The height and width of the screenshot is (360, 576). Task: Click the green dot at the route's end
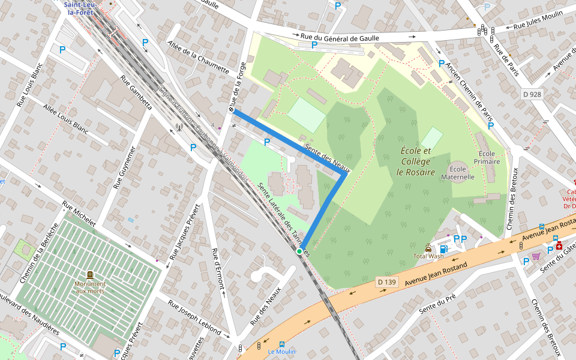(299, 251)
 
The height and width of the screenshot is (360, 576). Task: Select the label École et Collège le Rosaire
(415, 161)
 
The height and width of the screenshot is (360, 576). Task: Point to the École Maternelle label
(458, 173)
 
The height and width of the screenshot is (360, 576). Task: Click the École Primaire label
(486, 157)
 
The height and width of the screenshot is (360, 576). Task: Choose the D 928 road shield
(532, 94)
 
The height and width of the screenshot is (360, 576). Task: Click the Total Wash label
(428, 256)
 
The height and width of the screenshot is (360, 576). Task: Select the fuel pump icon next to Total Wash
(443, 248)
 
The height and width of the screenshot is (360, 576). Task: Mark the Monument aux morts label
(90, 287)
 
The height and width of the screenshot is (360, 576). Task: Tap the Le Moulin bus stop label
(281, 352)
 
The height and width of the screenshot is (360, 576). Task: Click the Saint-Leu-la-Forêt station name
(84, 8)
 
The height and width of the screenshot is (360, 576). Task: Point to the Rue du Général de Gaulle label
(340, 38)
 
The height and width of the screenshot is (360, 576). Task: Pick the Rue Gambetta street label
(136, 94)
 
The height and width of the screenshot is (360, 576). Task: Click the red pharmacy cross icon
(559, 246)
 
